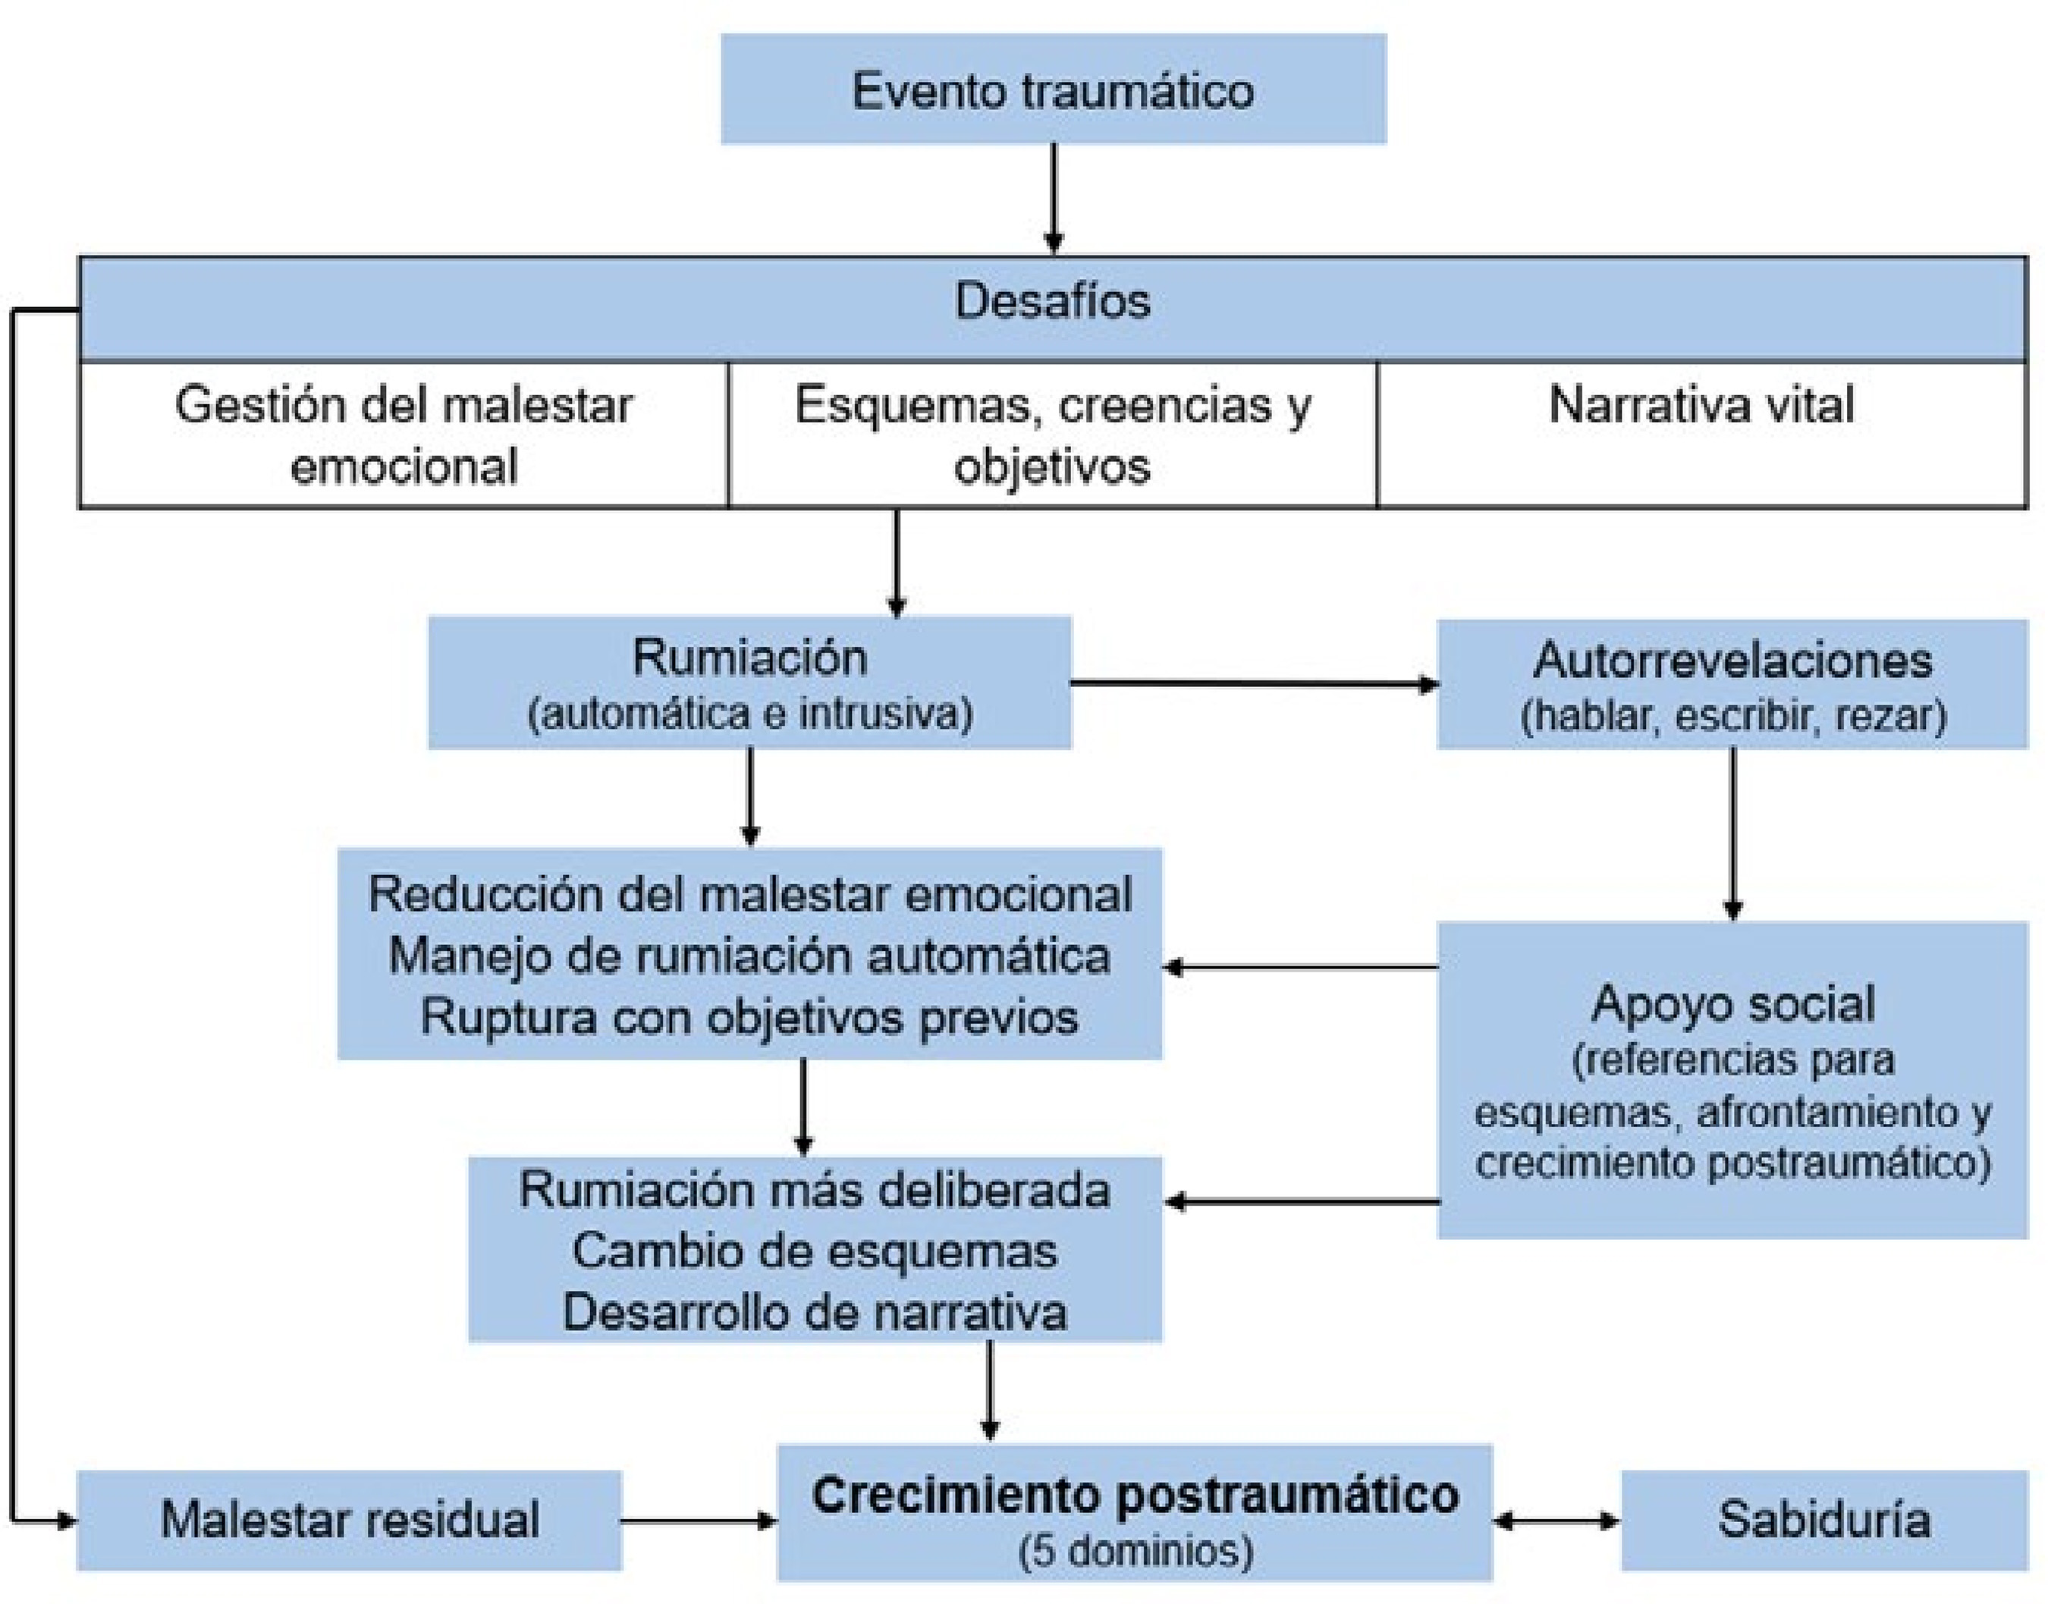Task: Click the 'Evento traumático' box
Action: (1053, 90)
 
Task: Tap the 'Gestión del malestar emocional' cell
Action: (404, 435)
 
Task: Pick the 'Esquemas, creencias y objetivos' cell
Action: (1053, 435)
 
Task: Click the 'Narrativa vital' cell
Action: (1701, 406)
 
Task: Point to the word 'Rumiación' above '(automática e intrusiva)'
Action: (749, 658)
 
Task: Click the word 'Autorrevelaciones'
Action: (1732, 661)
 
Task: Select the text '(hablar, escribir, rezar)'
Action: (1732, 716)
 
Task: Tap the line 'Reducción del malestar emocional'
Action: (749, 894)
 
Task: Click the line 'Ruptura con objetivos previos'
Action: (749, 1017)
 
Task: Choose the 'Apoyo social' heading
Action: (1732, 1003)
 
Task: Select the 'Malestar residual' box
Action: (350, 1520)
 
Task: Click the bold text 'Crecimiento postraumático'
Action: (1134, 1495)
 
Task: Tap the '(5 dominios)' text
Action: (1134, 1550)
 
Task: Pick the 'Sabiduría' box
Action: (1823, 1520)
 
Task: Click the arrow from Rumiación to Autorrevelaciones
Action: (1254, 683)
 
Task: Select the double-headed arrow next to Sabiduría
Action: (1556, 1521)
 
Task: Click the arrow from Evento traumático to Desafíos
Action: (1054, 198)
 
